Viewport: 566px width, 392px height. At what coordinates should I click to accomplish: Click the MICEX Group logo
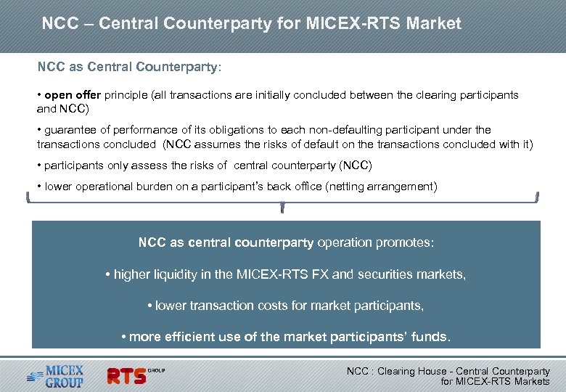[57, 375]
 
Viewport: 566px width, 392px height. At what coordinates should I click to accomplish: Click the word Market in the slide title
[433, 23]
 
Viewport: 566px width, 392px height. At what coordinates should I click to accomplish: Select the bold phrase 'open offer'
[73, 95]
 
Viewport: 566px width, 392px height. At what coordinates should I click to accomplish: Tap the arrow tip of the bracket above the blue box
[282, 211]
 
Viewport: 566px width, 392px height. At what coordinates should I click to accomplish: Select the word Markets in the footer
[531, 381]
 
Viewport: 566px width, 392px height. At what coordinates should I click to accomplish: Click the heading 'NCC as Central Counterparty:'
[130, 67]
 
